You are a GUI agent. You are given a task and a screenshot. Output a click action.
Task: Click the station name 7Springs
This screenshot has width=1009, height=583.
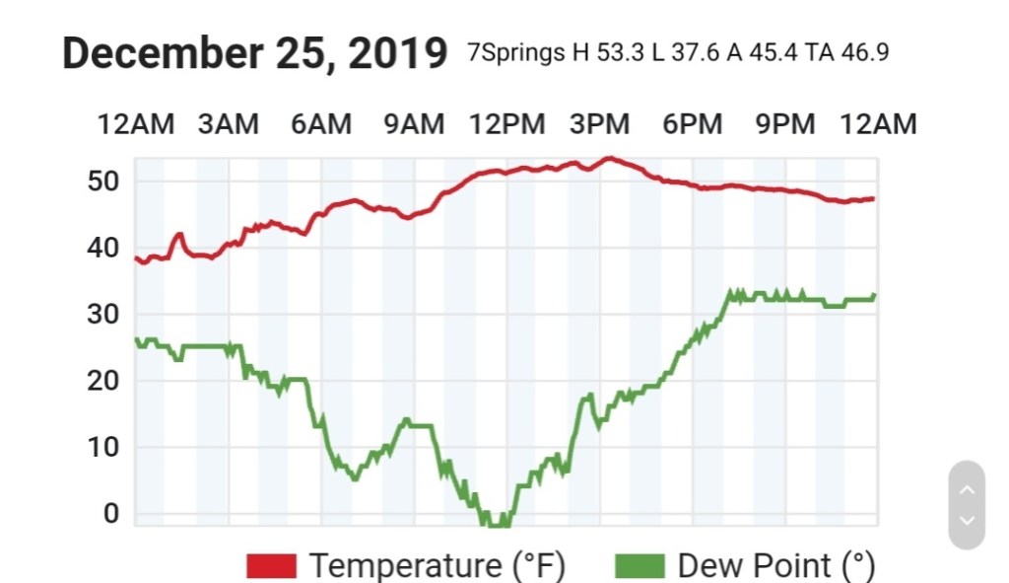pyautogui.click(x=516, y=53)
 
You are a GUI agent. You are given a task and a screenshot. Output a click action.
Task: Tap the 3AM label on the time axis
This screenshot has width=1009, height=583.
pyautogui.click(x=228, y=124)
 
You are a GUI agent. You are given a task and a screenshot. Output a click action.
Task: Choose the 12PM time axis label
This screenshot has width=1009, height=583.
pyautogui.click(x=506, y=124)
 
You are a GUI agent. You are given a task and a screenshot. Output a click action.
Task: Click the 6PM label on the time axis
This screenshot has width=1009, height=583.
pyautogui.click(x=692, y=124)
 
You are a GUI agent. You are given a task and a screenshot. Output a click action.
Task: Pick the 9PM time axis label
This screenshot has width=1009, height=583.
pyautogui.click(x=784, y=124)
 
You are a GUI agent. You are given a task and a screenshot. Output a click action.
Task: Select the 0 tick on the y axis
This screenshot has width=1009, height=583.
pyautogui.click(x=110, y=514)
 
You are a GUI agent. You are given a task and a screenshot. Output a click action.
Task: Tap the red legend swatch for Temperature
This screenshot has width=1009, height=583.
pyautogui.click(x=271, y=566)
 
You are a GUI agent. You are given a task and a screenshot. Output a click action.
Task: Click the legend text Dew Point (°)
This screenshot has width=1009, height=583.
pyautogui.click(x=776, y=566)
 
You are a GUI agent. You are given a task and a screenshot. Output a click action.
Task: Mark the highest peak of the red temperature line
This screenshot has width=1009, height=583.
pyautogui.click(x=610, y=157)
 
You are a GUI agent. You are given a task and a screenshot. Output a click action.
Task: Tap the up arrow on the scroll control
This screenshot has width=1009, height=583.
pyautogui.click(x=967, y=489)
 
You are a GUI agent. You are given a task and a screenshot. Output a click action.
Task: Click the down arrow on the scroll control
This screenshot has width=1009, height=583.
pyautogui.click(x=967, y=520)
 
